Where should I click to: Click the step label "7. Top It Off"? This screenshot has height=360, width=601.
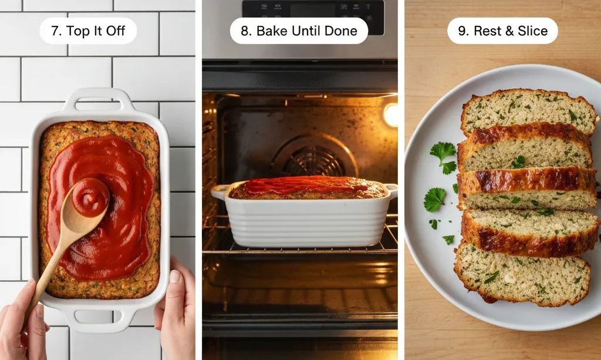tap(88, 31)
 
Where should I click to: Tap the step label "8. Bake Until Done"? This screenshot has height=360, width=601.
tap(299, 31)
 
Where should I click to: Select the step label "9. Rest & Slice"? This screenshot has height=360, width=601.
tap(502, 31)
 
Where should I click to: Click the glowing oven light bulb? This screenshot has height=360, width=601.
tap(390, 115)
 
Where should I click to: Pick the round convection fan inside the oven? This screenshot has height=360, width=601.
tap(313, 157)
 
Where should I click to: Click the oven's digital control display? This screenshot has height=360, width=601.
tap(313, 9)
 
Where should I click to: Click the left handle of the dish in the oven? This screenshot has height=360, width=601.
tap(220, 191)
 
